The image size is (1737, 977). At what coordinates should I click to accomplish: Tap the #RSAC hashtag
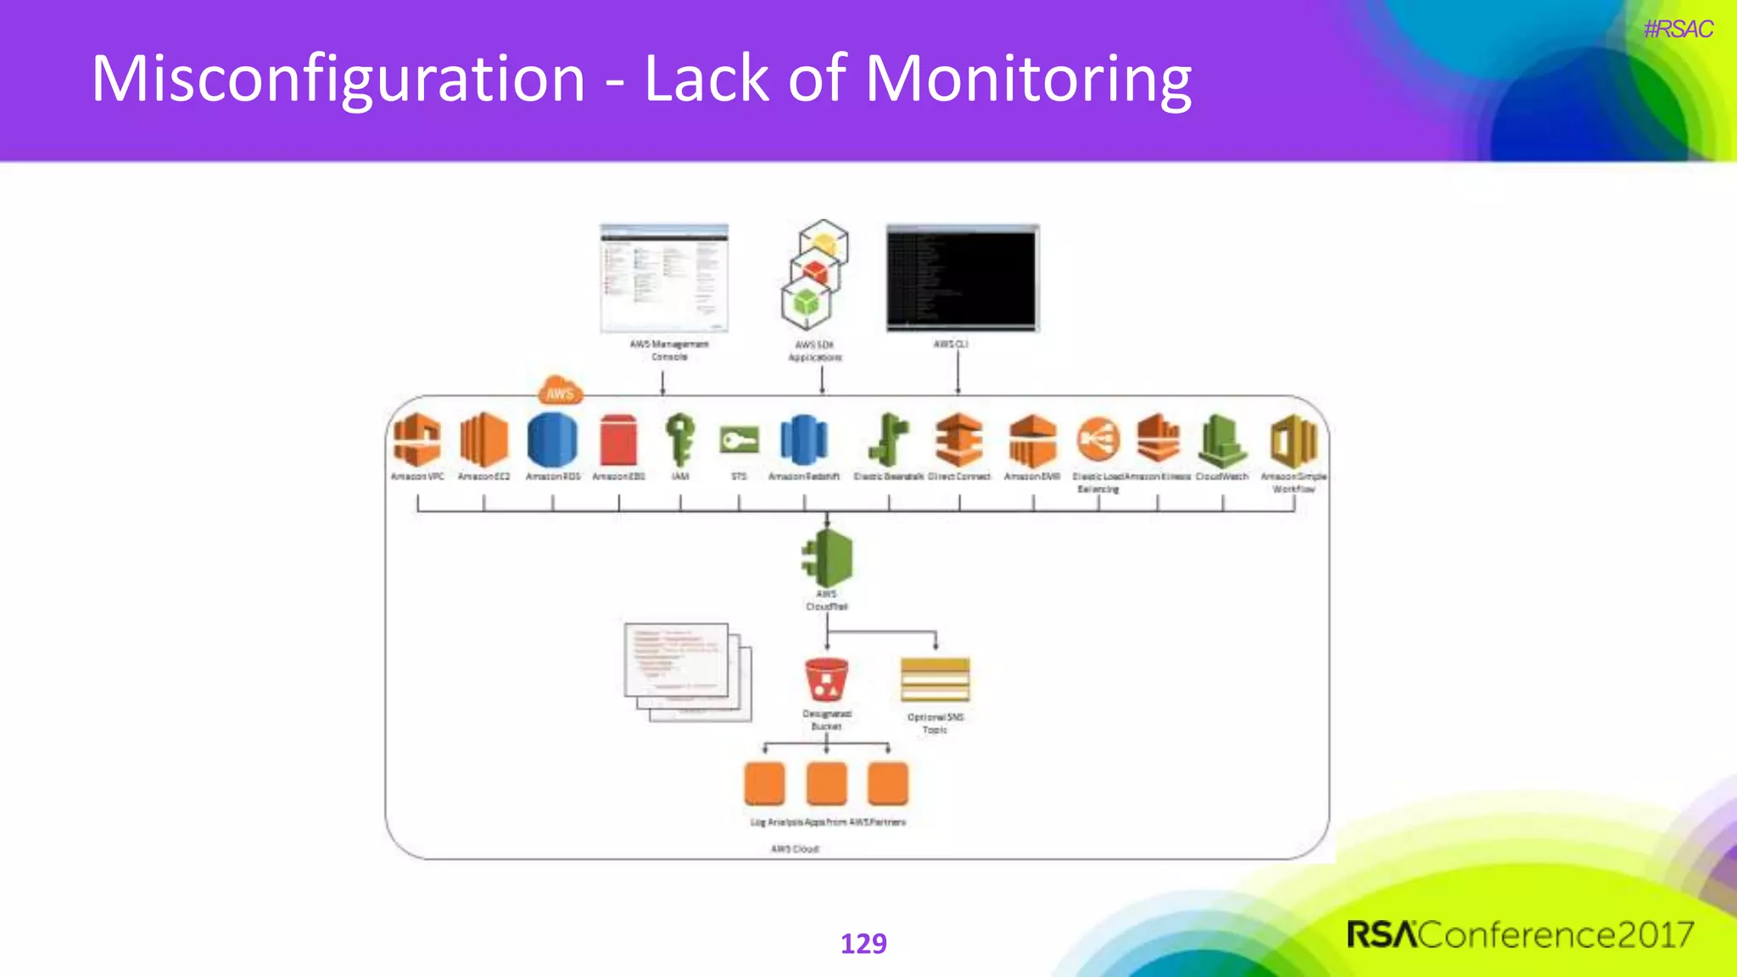(x=1678, y=30)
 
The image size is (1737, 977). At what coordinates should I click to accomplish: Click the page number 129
(x=863, y=943)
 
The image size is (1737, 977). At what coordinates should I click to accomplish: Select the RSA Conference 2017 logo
(x=1520, y=935)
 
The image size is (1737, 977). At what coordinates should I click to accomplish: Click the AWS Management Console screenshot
(x=664, y=278)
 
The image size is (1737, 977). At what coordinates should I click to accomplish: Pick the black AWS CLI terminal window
(x=962, y=278)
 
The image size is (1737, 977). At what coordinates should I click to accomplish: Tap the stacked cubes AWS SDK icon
(x=813, y=275)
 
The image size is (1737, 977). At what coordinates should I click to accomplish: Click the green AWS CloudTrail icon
(x=828, y=557)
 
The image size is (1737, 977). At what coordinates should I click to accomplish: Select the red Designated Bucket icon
(x=826, y=680)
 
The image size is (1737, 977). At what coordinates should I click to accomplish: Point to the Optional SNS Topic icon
(x=935, y=680)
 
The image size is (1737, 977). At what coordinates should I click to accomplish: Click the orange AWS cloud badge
(x=560, y=391)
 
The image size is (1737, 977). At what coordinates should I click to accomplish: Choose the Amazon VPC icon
(x=417, y=439)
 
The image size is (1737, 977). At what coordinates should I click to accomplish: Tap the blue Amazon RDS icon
(x=552, y=439)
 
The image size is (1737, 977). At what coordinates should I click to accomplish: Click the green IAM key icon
(x=680, y=439)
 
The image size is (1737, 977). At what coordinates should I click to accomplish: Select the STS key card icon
(x=739, y=440)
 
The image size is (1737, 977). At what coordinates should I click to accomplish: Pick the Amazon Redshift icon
(x=803, y=440)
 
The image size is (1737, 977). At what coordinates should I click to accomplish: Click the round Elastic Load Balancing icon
(x=1098, y=439)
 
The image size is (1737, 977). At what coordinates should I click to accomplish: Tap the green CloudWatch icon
(x=1222, y=440)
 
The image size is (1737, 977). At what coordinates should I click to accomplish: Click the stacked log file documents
(x=687, y=672)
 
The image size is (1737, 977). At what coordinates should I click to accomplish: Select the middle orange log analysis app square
(x=826, y=783)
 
